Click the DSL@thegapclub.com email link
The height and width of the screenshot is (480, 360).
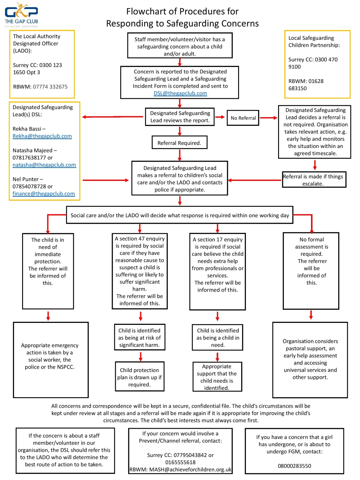coord(180,93)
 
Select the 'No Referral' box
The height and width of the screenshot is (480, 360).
coord(243,118)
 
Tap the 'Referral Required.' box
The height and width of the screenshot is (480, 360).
coord(179,143)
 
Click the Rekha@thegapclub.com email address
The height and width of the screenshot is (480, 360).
coord(42,136)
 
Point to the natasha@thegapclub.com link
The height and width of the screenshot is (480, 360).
coord(44,165)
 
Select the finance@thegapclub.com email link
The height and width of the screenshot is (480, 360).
coord(44,194)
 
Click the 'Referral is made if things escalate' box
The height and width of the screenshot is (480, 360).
coord(314,180)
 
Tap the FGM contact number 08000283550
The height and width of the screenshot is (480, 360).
coord(294,466)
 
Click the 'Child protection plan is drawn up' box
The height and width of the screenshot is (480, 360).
coord(140,377)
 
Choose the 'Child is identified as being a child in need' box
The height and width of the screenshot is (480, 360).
coord(218,338)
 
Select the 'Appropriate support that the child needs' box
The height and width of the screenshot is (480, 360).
coord(217,377)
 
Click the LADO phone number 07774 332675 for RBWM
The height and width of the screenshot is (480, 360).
coord(50,87)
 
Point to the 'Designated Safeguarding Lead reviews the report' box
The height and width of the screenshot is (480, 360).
coord(180,117)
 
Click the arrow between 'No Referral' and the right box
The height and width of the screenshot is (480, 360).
coord(269,118)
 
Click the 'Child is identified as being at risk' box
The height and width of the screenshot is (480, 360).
coord(140,338)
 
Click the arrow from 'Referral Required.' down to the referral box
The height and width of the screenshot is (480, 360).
coord(180,155)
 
